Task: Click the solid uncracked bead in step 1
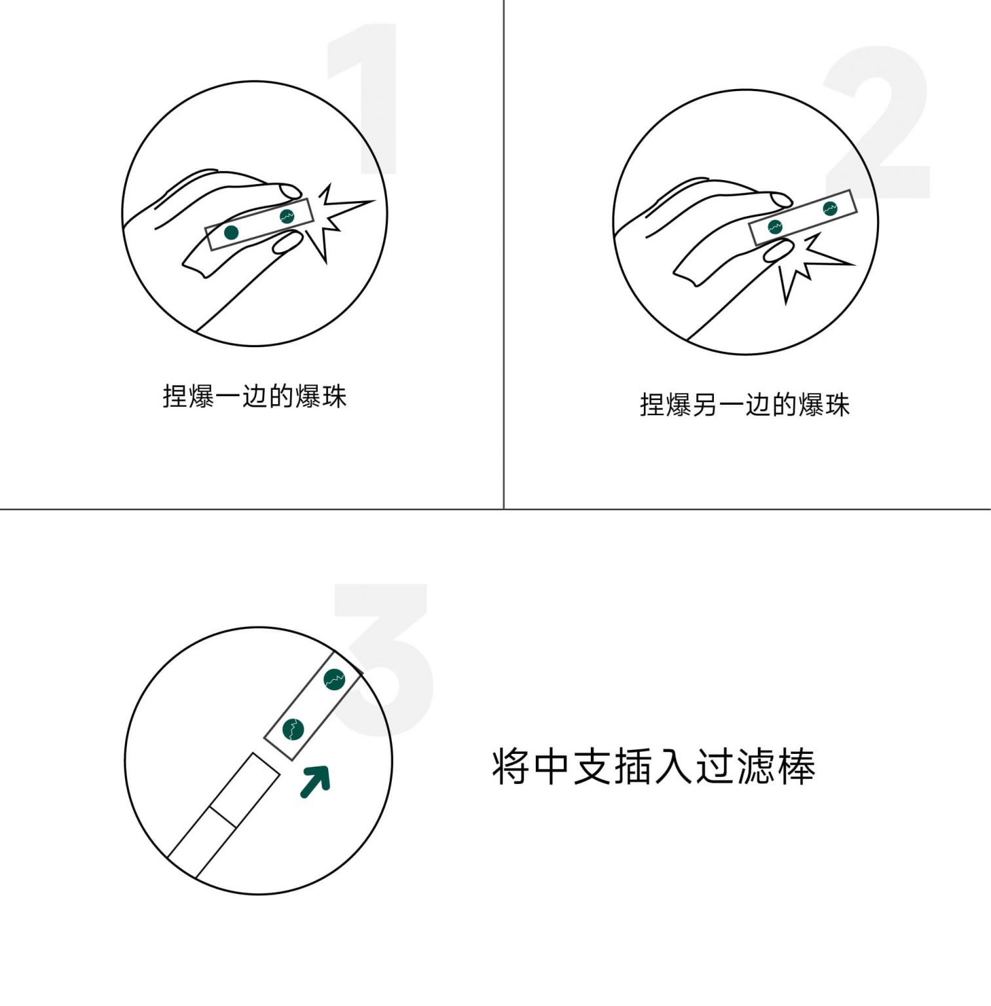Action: coord(231,233)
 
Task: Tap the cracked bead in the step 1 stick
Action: coord(287,216)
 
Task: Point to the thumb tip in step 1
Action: coord(286,244)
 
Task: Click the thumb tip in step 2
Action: coord(777,251)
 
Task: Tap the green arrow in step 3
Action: coord(316,781)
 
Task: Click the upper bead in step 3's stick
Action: coord(335,680)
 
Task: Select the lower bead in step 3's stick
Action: coord(293,729)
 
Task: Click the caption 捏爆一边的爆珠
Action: coord(255,396)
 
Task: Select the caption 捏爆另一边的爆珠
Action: coord(745,405)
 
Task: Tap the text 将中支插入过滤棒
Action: coord(654,766)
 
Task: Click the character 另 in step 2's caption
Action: coord(705,405)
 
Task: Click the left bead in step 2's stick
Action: coord(775,227)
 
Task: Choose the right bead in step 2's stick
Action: coord(830,209)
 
